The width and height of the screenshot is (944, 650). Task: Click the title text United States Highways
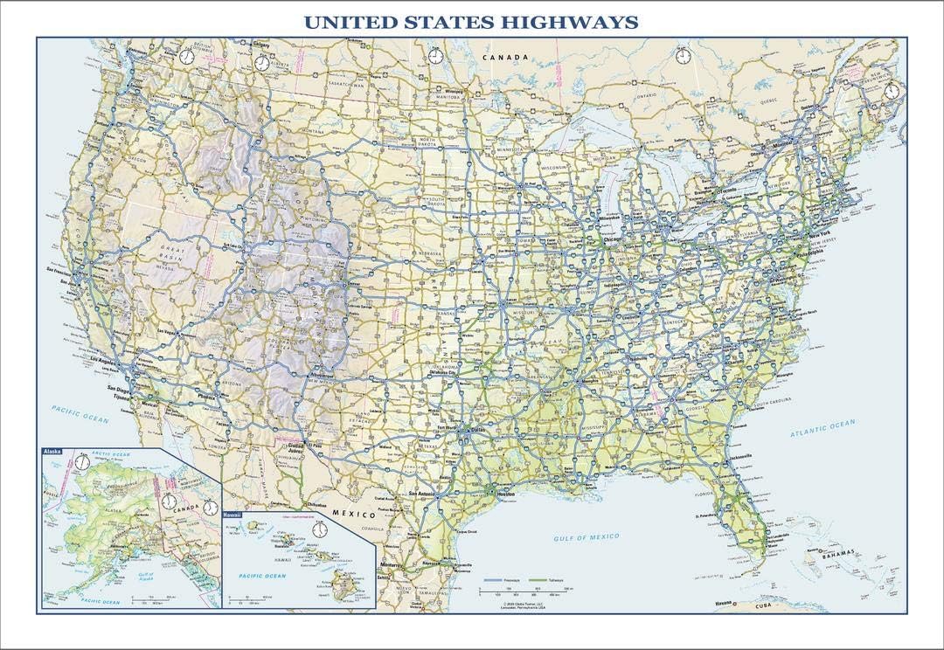pyautogui.click(x=469, y=21)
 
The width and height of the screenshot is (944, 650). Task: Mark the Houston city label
pyautogui.click(x=507, y=494)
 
